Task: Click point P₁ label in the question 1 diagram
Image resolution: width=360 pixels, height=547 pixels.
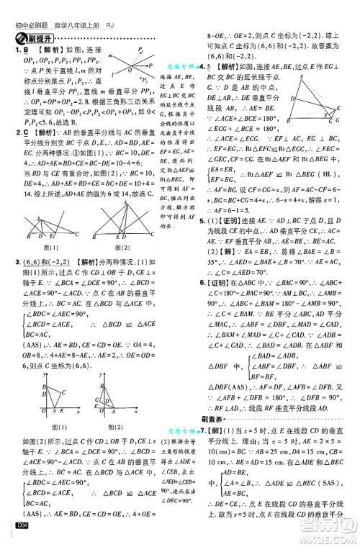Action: coord(141,55)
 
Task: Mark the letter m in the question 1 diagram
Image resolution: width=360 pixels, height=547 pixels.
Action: coord(111,55)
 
